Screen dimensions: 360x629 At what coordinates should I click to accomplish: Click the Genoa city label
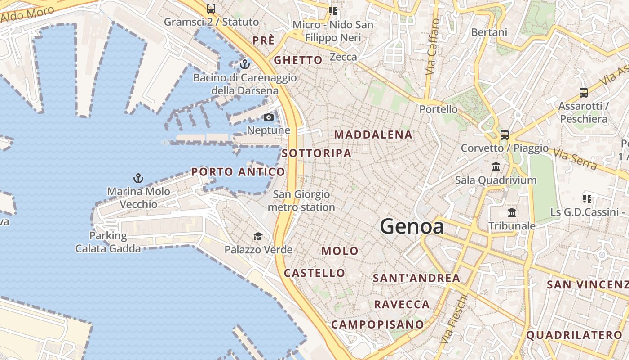point(412,226)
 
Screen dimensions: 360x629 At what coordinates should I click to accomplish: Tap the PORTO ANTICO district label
point(238,172)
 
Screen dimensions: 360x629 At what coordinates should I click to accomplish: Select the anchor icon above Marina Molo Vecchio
point(138,178)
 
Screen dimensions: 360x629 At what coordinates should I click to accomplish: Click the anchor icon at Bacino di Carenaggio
point(244,64)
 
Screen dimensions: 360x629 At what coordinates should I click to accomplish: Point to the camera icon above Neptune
point(269,117)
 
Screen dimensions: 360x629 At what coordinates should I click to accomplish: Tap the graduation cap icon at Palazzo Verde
point(258,237)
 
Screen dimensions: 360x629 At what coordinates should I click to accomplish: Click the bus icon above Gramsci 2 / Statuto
point(211,8)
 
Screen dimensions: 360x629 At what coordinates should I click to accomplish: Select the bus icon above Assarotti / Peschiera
point(583,93)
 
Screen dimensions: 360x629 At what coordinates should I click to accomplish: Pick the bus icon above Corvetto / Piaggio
point(505,135)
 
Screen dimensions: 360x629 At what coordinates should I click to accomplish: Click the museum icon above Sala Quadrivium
point(496,167)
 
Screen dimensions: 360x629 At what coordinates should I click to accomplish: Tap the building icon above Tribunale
point(512,212)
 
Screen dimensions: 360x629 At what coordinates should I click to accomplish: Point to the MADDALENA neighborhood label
point(373,135)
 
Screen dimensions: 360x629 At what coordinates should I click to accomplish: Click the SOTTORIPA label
point(316,153)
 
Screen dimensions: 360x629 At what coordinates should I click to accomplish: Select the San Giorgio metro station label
point(301,201)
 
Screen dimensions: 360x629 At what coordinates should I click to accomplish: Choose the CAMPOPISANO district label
point(377,324)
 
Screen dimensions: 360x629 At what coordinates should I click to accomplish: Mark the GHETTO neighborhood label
point(298,60)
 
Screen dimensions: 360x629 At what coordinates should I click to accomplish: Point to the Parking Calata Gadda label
point(108,242)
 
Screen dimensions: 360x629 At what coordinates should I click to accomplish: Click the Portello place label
point(439,109)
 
